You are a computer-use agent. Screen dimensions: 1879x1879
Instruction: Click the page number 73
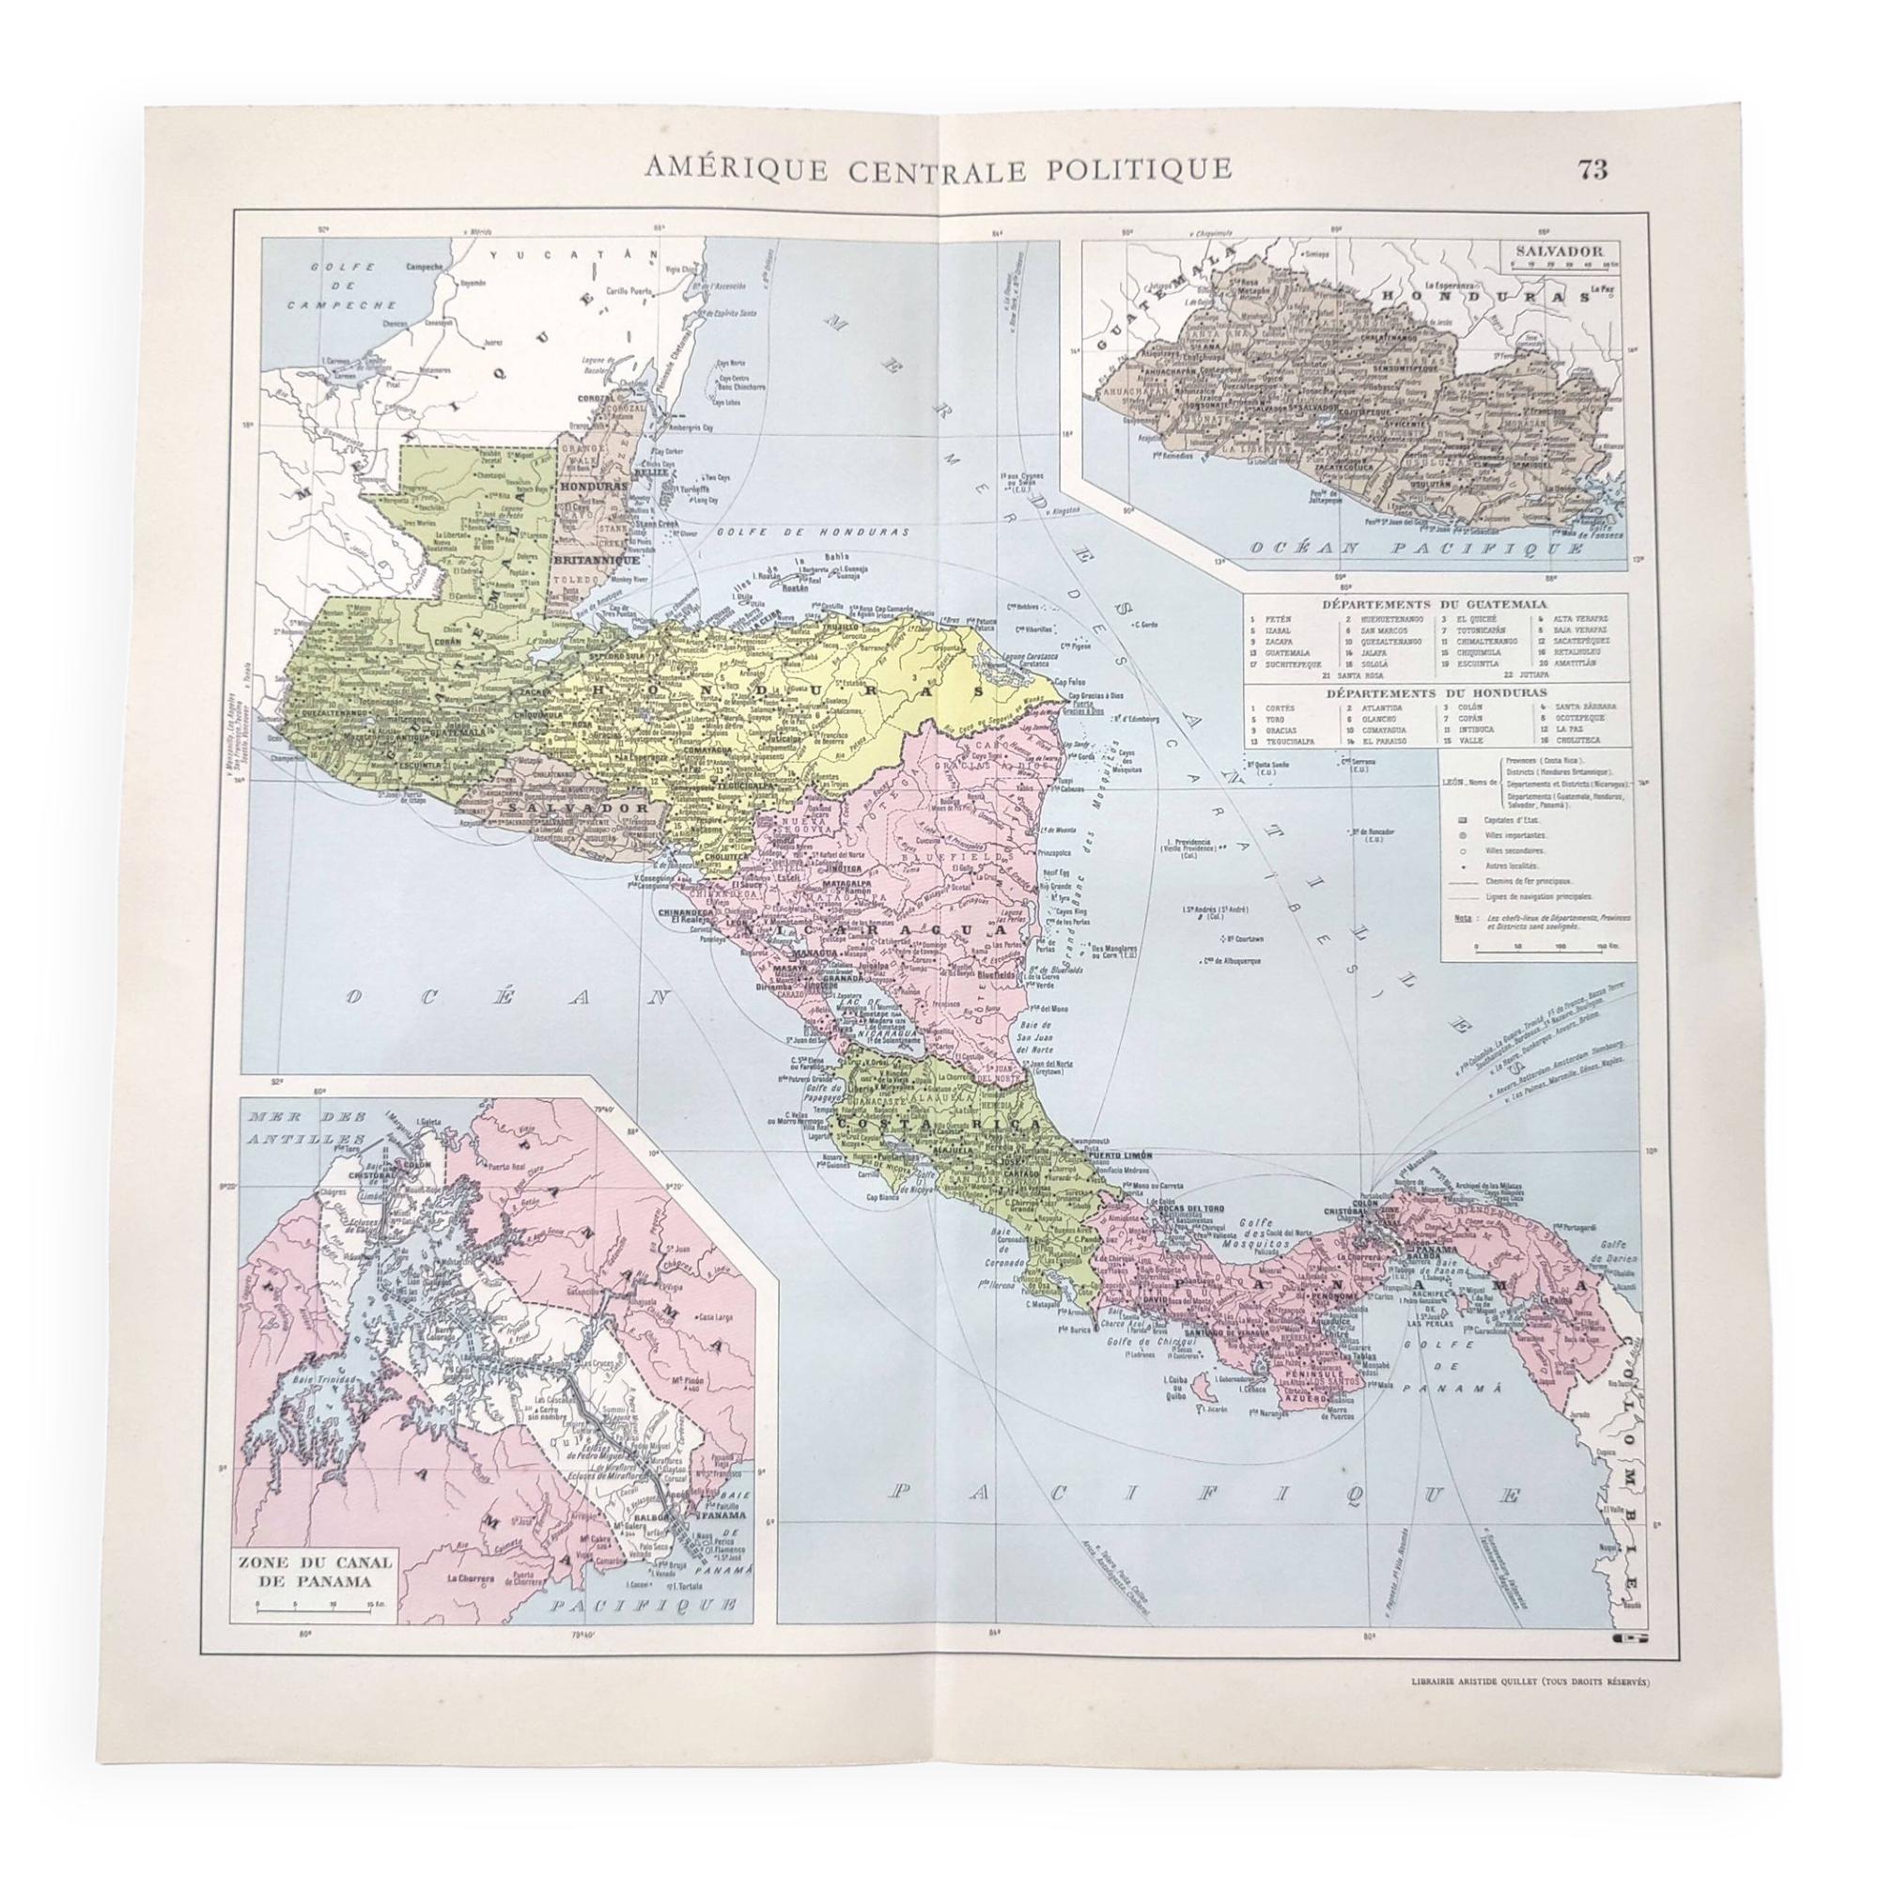1592,169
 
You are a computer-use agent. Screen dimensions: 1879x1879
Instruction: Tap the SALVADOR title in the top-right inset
1557,250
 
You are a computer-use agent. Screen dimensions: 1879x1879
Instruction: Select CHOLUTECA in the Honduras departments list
1579,741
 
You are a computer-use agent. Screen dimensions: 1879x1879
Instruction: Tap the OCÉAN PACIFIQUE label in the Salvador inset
1415,549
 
